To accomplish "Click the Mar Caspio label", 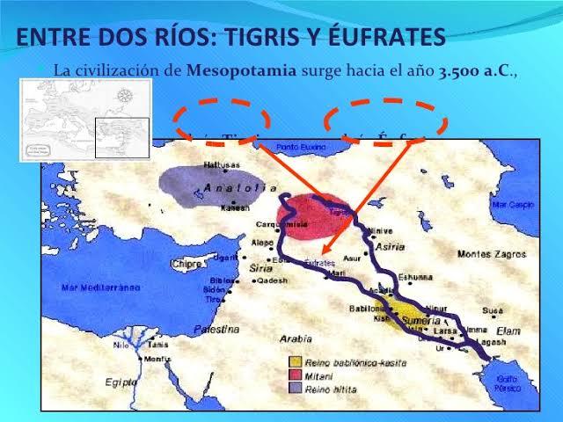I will [x=513, y=204].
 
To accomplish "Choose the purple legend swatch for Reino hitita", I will [x=298, y=385].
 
